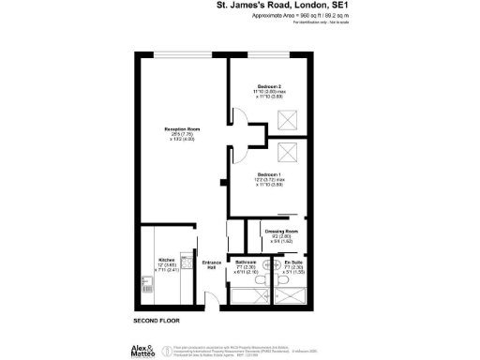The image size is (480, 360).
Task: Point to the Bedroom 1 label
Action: pyautogui.click(x=269, y=174)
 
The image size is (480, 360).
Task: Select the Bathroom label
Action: pyautogui.click(x=247, y=262)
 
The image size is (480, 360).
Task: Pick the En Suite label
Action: pyautogui.click(x=292, y=262)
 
